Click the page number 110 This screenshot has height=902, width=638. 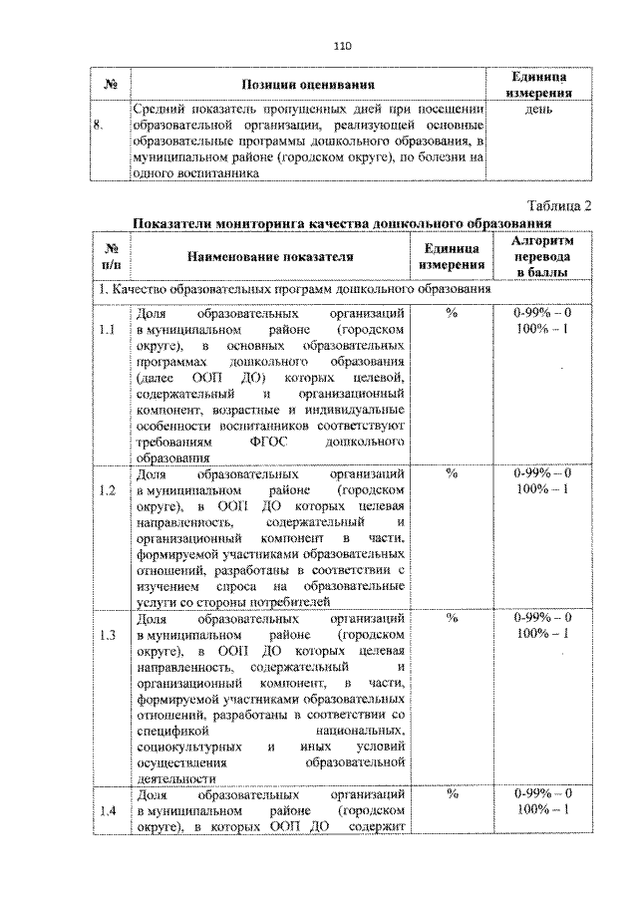point(343,46)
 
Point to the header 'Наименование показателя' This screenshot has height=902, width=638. point(269,256)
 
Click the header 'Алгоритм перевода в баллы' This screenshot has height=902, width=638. point(542,256)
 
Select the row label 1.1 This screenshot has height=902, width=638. point(109,329)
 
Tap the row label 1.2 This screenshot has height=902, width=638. point(109,489)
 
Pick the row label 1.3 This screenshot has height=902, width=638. point(109,634)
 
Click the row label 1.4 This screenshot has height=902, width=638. point(109,810)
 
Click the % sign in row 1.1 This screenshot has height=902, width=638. point(451,313)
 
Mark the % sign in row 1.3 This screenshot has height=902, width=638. point(451,618)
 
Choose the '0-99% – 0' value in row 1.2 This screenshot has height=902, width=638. point(542,472)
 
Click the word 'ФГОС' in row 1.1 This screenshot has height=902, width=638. point(273,442)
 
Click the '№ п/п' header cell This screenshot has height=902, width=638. point(110,256)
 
